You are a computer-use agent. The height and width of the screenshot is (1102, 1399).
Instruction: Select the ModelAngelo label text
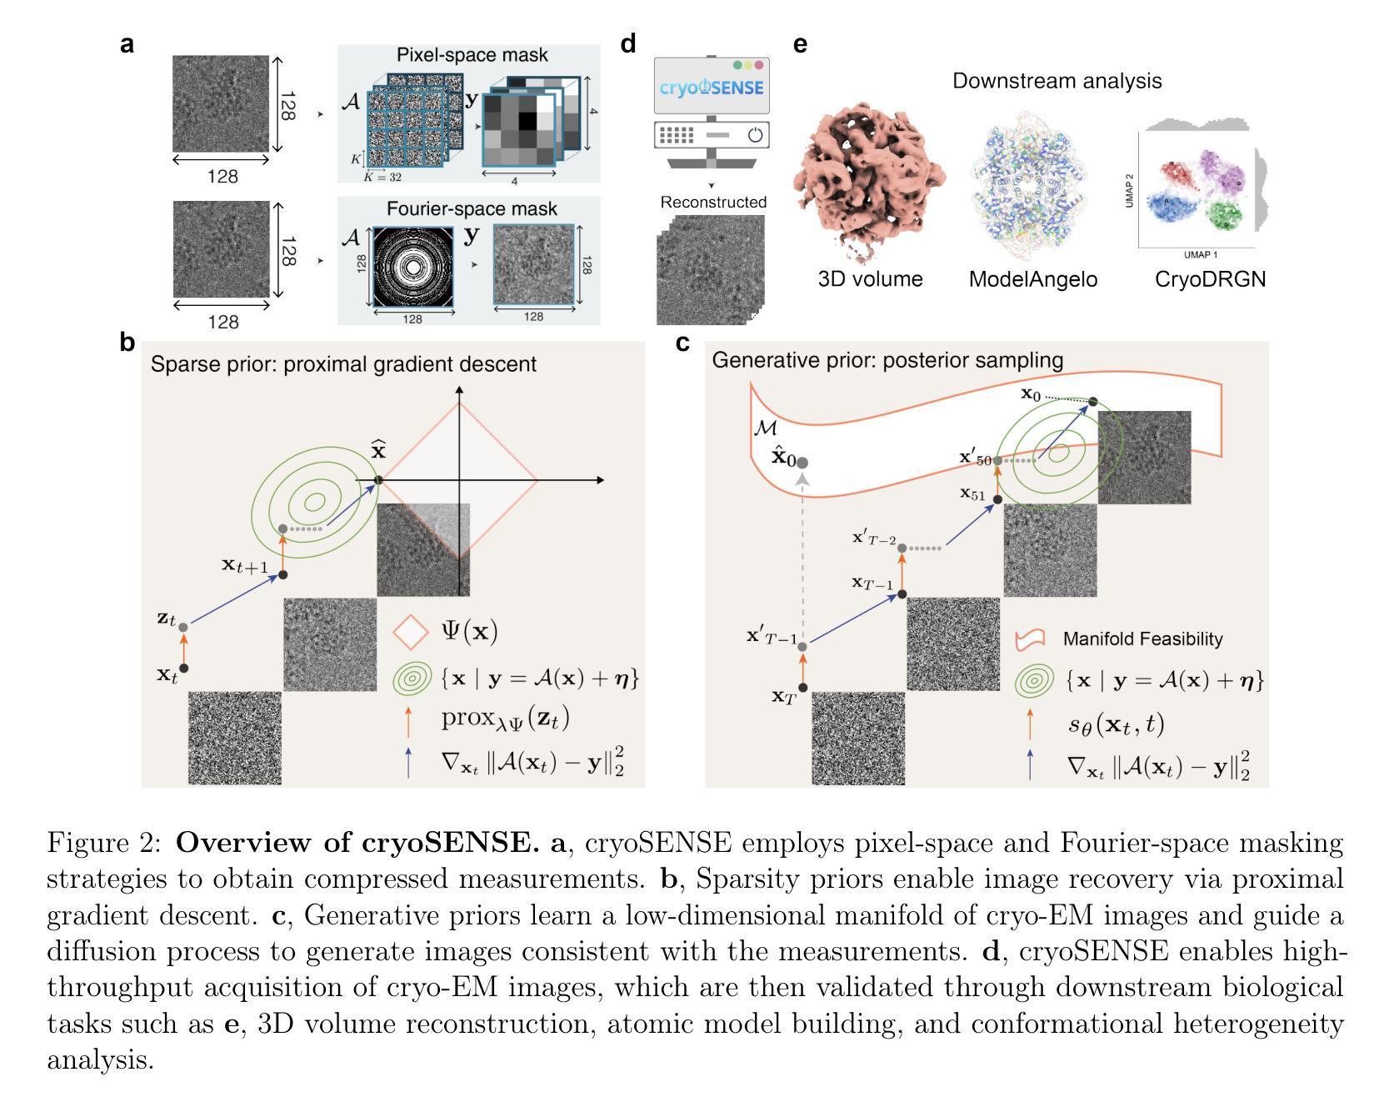coord(1032,279)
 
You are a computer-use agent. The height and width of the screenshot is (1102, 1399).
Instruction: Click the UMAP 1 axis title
coord(1196,254)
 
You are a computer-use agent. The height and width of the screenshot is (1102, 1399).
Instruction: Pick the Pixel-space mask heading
coord(472,55)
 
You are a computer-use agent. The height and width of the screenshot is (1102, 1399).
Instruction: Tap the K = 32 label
coord(383,177)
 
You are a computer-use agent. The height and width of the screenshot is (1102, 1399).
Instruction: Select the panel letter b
coord(127,343)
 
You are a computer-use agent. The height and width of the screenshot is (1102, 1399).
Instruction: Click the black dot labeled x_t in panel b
coord(184,668)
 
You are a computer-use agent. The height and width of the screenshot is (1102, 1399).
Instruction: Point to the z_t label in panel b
coord(166,619)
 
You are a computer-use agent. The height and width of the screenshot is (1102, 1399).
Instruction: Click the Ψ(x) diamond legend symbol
coord(410,632)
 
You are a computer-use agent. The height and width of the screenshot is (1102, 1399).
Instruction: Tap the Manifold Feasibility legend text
coord(1142,639)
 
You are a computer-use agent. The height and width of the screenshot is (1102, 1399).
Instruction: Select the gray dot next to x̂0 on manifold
coord(802,462)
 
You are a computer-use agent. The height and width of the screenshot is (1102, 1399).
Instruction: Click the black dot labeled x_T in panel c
coord(803,688)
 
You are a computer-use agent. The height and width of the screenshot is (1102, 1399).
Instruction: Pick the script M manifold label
coord(765,428)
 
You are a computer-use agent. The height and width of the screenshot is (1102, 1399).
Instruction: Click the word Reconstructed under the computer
coord(712,203)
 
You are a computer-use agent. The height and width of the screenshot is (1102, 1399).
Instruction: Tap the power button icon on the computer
coord(755,135)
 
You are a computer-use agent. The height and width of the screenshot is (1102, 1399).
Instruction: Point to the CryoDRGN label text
coord(1210,279)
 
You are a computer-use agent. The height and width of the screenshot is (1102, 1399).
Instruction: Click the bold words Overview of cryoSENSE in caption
coord(357,843)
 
